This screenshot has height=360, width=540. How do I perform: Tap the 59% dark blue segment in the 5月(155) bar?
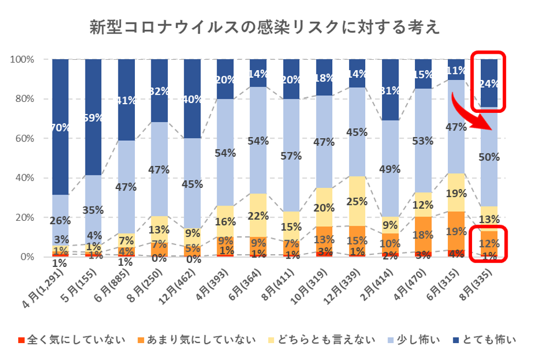pos(93,118)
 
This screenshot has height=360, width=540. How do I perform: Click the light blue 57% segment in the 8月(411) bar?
pos(291,155)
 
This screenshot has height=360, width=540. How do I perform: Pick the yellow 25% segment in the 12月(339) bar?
pos(357,201)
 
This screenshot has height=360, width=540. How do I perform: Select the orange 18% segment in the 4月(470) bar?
pos(423,235)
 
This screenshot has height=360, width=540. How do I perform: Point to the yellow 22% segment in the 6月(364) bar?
pos(258,215)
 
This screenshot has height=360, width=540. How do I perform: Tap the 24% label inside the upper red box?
pos(489,84)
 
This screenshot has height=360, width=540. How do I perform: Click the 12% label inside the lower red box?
pos(489,243)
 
